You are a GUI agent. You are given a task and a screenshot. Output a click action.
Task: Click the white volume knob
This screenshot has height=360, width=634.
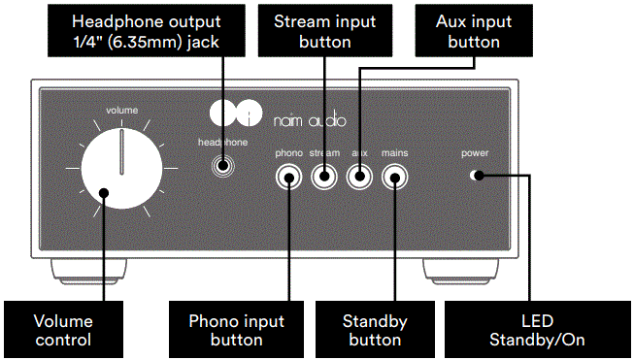[120, 169]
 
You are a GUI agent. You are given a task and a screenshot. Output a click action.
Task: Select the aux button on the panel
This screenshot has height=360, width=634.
[359, 177]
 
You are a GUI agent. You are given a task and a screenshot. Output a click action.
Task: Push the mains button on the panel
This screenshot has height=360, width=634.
[394, 177]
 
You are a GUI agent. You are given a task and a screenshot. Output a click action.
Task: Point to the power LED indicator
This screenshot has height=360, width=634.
[475, 176]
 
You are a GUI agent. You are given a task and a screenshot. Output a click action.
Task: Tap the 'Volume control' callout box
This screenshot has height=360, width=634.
[62, 329]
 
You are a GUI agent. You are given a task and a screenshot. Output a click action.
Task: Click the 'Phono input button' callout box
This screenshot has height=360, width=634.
[236, 329]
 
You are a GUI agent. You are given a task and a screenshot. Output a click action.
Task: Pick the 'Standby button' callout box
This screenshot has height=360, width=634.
[374, 329]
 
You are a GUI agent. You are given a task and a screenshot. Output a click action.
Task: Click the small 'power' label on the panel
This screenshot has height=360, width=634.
[475, 153]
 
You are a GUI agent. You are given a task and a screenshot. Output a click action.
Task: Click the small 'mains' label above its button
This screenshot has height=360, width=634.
[394, 153]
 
